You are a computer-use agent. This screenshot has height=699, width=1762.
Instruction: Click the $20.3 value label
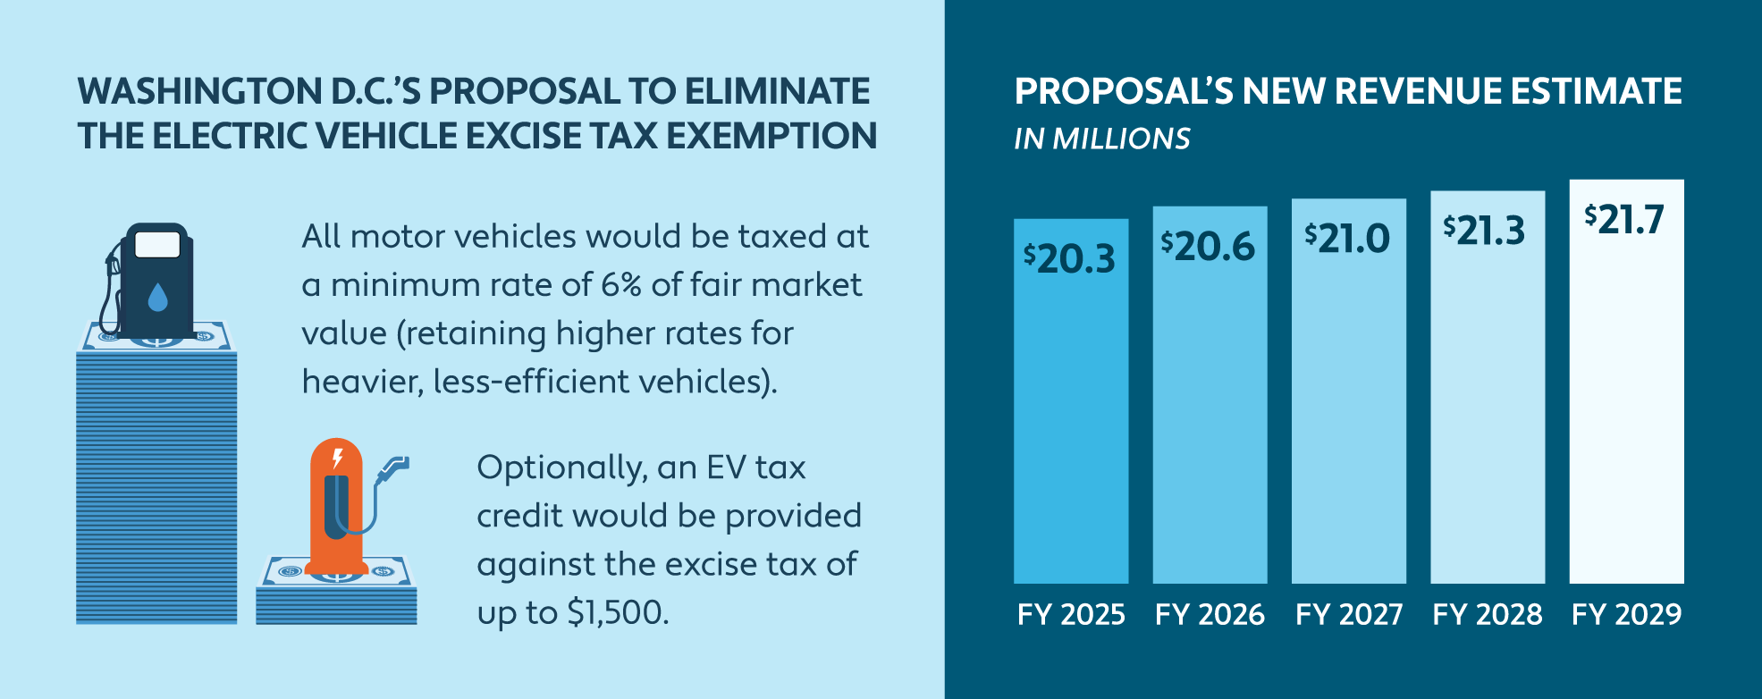point(1070,258)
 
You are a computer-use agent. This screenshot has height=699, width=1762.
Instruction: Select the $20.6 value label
point(1209,246)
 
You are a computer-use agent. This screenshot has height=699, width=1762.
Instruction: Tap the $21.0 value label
point(1347,238)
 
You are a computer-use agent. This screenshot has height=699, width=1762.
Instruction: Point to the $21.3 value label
point(1485,231)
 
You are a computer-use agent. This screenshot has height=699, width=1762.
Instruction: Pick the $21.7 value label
point(1624,219)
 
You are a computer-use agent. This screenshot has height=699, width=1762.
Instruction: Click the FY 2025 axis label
point(1071,614)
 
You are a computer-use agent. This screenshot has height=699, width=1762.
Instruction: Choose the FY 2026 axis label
point(1210,614)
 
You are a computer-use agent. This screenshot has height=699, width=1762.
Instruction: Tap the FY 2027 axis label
point(1349,614)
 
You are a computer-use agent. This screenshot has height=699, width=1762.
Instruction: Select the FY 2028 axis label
point(1488,614)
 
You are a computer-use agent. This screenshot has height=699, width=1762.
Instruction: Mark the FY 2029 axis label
point(1627,614)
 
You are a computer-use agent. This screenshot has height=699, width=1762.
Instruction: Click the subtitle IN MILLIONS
point(1102,139)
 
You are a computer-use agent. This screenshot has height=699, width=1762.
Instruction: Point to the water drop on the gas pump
point(157,297)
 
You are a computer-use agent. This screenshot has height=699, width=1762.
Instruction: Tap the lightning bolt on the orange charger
point(337,459)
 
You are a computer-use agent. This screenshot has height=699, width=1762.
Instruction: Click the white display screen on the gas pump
point(157,244)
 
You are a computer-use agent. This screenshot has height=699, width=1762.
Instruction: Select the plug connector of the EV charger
point(393,467)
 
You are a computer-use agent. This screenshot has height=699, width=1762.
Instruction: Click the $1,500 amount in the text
point(617,612)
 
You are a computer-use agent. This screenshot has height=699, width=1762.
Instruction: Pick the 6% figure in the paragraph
point(621,285)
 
